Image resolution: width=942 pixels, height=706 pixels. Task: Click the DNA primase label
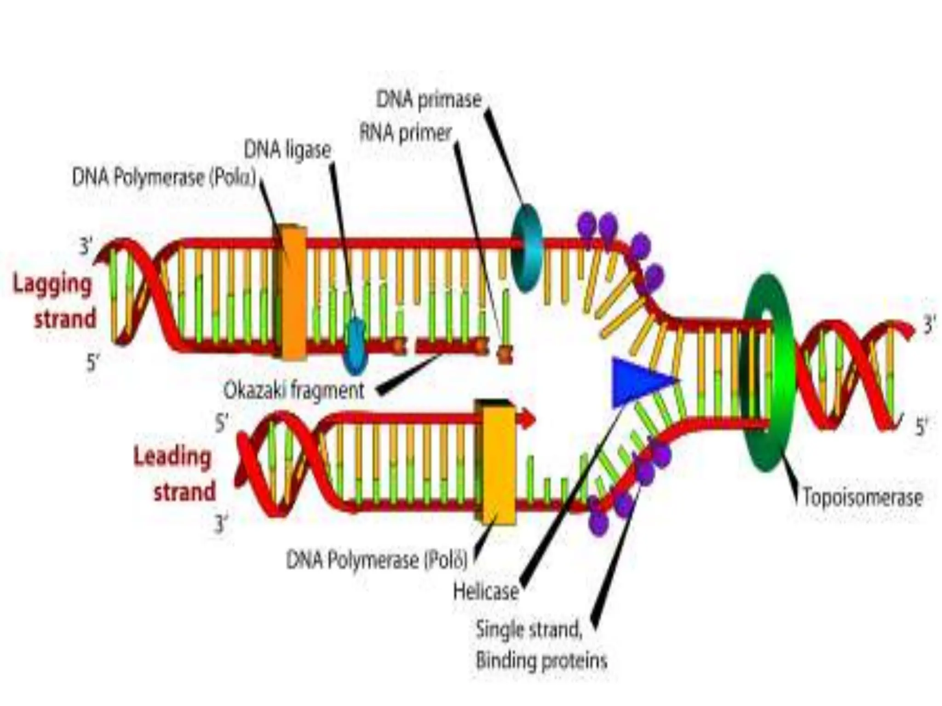tap(429, 100)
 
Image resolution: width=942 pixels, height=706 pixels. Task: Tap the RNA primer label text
tap(405, 133)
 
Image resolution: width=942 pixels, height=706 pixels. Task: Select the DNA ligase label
tap(287, 150)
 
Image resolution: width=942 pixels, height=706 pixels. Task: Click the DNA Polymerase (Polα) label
tap(164, 177)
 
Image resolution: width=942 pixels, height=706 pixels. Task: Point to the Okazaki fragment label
tap(293, 391)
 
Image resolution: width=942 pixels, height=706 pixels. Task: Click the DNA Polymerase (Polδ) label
tap(377, 560)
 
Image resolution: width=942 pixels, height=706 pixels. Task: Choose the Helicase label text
tap(486, 592)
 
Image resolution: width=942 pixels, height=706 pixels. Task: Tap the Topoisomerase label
tap(862, 497)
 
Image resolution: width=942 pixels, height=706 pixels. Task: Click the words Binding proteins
tap(541, 661)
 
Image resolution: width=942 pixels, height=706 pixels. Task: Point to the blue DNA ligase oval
tap(356, 346)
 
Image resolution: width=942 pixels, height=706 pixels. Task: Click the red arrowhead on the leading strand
tap(528, 418)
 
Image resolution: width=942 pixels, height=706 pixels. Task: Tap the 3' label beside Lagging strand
tap(86, 247)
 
